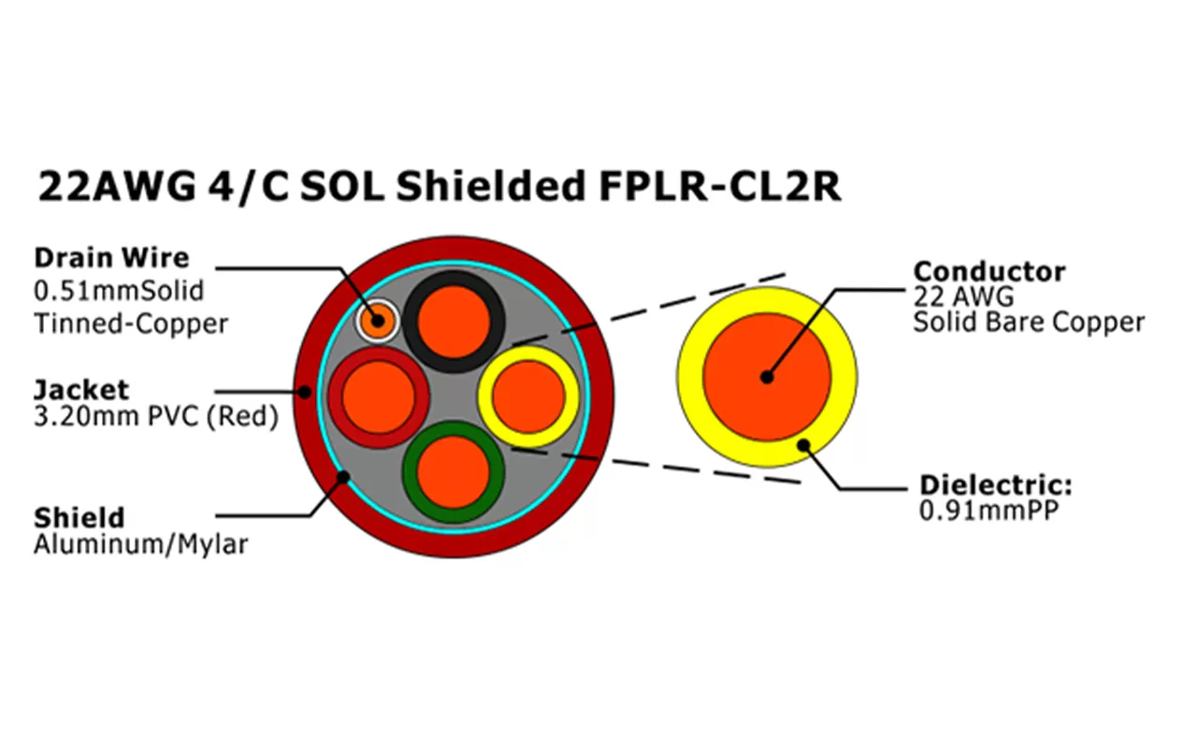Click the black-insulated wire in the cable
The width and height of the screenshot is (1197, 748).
(x=454, y=322)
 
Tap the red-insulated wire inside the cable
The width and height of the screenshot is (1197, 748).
(x=379, y=396)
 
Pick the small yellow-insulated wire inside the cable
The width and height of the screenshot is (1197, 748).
(x=528, y=395)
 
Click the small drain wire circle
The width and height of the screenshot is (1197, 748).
(x=377, y=321)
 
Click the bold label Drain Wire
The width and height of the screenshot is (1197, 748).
(x=111, y=257)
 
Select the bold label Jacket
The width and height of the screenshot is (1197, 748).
(x=81, y=389)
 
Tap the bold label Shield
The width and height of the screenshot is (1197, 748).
(x=79, y=517)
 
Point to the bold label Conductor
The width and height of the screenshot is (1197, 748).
(x=988, y=272)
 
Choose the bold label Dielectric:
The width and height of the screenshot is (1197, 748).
(x=995, y=485)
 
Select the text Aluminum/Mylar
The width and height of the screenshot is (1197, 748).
(x=140, y=544)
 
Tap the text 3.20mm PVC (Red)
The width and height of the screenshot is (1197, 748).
(x=156, y=416)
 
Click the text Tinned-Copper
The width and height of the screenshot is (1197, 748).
(x=131, y=324)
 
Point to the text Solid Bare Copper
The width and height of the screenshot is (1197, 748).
(x=1029, y=323)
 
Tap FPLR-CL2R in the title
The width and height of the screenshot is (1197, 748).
(x=718, y=186)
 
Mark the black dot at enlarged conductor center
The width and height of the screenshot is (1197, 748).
(x=767, y=378)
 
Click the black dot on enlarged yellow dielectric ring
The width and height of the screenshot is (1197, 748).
(x=802, y=446)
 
